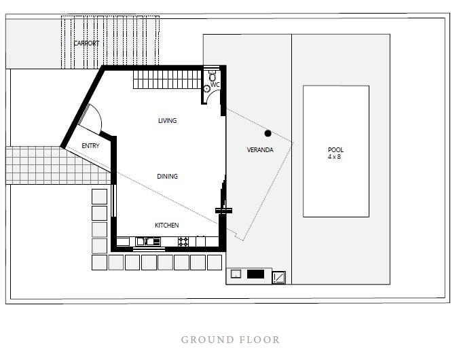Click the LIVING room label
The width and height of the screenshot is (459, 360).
167,120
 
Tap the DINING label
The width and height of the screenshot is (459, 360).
167,176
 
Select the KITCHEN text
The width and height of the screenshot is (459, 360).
166,225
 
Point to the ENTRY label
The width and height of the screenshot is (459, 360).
90,145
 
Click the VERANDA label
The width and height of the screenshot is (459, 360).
260,149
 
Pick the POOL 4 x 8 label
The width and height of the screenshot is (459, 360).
335,153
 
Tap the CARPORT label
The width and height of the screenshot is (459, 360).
86,43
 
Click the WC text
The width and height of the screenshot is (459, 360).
215,85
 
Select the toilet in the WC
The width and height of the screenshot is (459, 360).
213,76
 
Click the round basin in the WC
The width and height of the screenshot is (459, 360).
207,88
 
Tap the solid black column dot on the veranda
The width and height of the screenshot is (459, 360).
268,133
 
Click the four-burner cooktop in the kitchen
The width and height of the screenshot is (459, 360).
183,242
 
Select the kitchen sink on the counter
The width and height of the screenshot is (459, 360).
149,241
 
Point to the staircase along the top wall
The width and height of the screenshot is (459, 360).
167,79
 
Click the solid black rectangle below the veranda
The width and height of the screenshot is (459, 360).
255,274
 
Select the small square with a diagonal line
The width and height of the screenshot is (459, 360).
278,277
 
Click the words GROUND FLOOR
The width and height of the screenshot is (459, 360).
230,340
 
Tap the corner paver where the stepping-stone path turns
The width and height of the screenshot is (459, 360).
99,262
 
